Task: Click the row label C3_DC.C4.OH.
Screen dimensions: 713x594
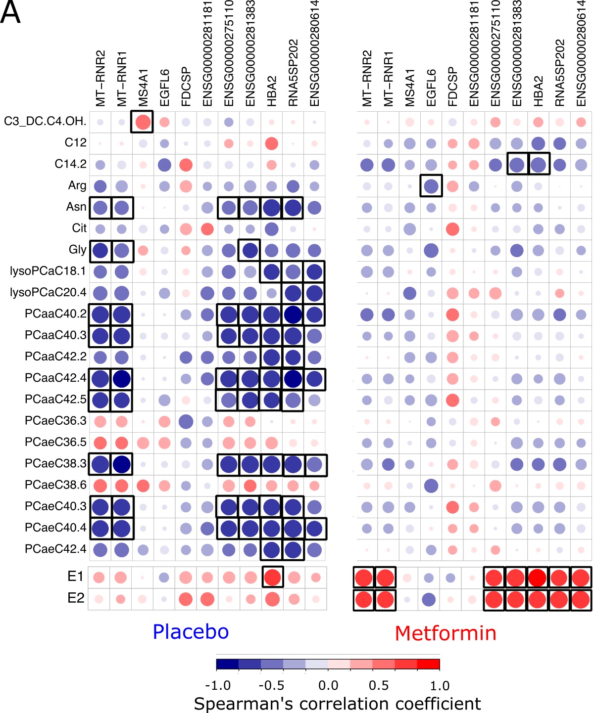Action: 45,121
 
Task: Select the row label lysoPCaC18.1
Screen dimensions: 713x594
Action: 48,271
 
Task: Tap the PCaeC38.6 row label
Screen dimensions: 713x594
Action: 55,485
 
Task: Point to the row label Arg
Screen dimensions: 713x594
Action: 77,185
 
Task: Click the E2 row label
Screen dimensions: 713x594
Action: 76,598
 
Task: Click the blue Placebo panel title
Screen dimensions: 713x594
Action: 191,632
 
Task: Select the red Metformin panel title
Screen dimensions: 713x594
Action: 445,633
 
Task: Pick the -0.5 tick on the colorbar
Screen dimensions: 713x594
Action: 271,686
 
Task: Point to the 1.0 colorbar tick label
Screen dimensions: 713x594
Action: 440,686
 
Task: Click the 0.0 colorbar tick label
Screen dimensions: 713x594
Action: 328,686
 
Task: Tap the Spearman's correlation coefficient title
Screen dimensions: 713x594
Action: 337,704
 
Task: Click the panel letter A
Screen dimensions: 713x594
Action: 11,12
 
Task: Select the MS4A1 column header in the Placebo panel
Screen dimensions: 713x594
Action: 144,88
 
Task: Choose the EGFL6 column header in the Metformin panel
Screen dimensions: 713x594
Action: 431,88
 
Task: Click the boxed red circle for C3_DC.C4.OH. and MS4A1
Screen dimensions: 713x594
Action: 143,122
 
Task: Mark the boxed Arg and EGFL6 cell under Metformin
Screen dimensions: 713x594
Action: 431,186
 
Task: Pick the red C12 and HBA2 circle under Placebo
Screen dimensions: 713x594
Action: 271,143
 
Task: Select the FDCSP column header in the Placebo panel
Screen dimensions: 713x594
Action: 186,87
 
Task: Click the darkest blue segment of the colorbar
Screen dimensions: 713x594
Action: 227,664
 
